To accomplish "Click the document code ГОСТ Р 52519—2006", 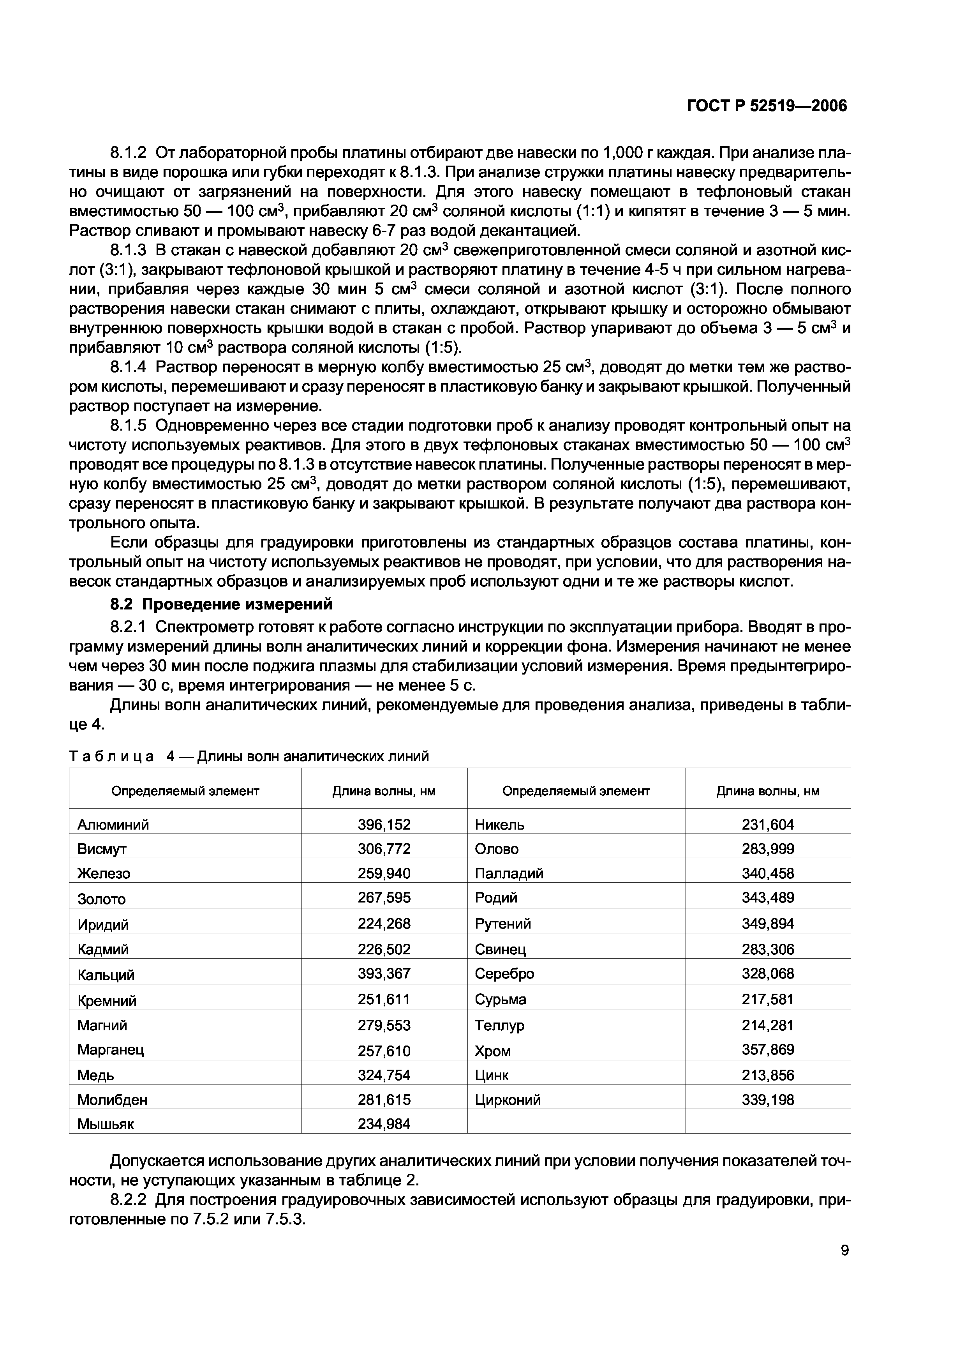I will (x=767, y=106).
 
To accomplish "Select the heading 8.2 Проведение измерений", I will (x=221, y=605).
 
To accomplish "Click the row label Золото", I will (x=102, y=899).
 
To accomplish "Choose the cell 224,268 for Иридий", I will (x=384, y=924).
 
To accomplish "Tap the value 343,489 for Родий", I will (x=768, y=898).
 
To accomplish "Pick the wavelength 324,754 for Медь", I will (x=384, y=1075).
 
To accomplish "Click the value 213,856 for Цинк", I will (x=768, y=1075).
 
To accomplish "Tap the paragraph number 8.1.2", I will (x=128, y=153).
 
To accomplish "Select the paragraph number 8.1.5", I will (x=128, y=426).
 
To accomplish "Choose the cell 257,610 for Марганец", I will (x=384, y=1050).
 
